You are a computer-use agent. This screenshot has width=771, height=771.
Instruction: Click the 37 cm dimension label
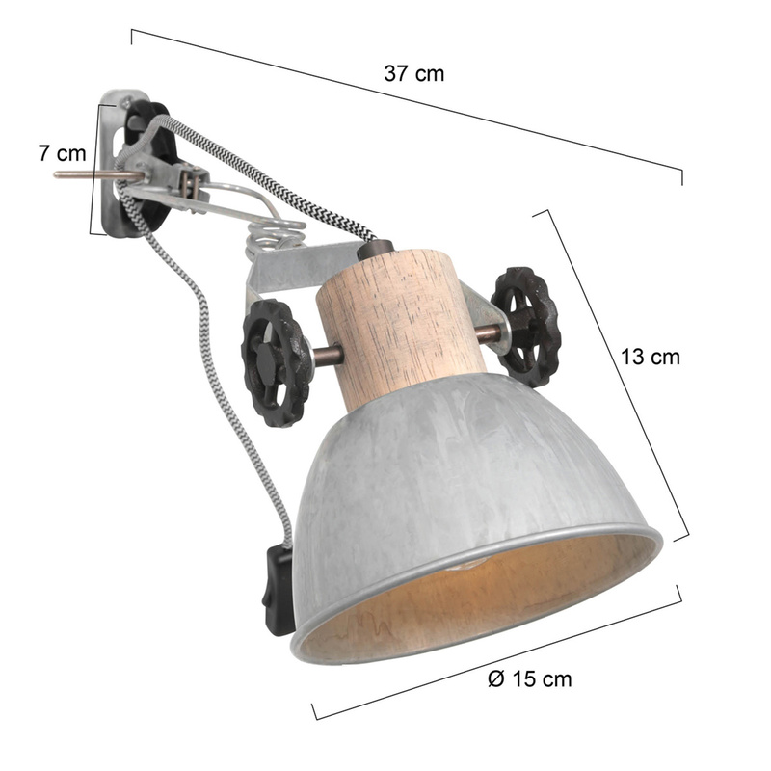[414, 74]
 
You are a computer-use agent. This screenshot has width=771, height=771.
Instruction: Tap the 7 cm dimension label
[62, 153]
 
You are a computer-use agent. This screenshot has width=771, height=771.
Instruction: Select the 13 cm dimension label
[650, 357]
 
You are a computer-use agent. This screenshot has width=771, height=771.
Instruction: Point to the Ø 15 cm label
[529, 679]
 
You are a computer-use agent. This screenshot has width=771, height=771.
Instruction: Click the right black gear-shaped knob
[525, 326]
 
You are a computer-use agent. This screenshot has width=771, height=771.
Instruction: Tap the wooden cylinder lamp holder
[401, 325]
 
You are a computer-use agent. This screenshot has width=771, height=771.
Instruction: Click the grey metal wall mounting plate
[118, 162]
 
